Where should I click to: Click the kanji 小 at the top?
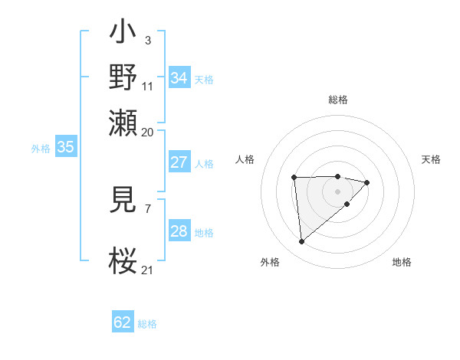pyautogui.click(x=123, y=35)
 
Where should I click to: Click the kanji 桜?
pyautogui.click(x=123, y=260)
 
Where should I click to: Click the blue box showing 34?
pyautogui.click(x=179, y=78)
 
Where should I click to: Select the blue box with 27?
pyautogui.click(x=179, y=162)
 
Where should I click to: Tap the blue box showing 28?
pyautogui.click(x=179, y=231)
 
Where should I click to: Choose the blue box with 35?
pyautogui.click(x=65, y=148)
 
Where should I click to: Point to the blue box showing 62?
pyautogui.click(x=123, y=322)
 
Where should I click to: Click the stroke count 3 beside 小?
pyautogui.click(x=147, y=40)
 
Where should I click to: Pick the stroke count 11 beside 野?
pyautogui.click(x=148, y=86)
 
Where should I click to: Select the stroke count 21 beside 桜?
pyautogui.click(x=147, y=270)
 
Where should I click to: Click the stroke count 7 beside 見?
pyautogui.click(x=147, y=208)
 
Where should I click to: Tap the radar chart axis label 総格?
pyautogui.click(x=338, y=100)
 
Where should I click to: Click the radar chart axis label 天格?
pyautogui.click(x=431, y=159)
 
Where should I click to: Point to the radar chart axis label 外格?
pyautogui.click(x=270, y=262)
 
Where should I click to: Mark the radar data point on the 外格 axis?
pyautogui.click(x=302, y=242)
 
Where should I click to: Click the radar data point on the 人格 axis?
pyautogui.click(x=294, y=178)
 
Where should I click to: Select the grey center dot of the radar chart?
pyautogui.click(x=338, y=191)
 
